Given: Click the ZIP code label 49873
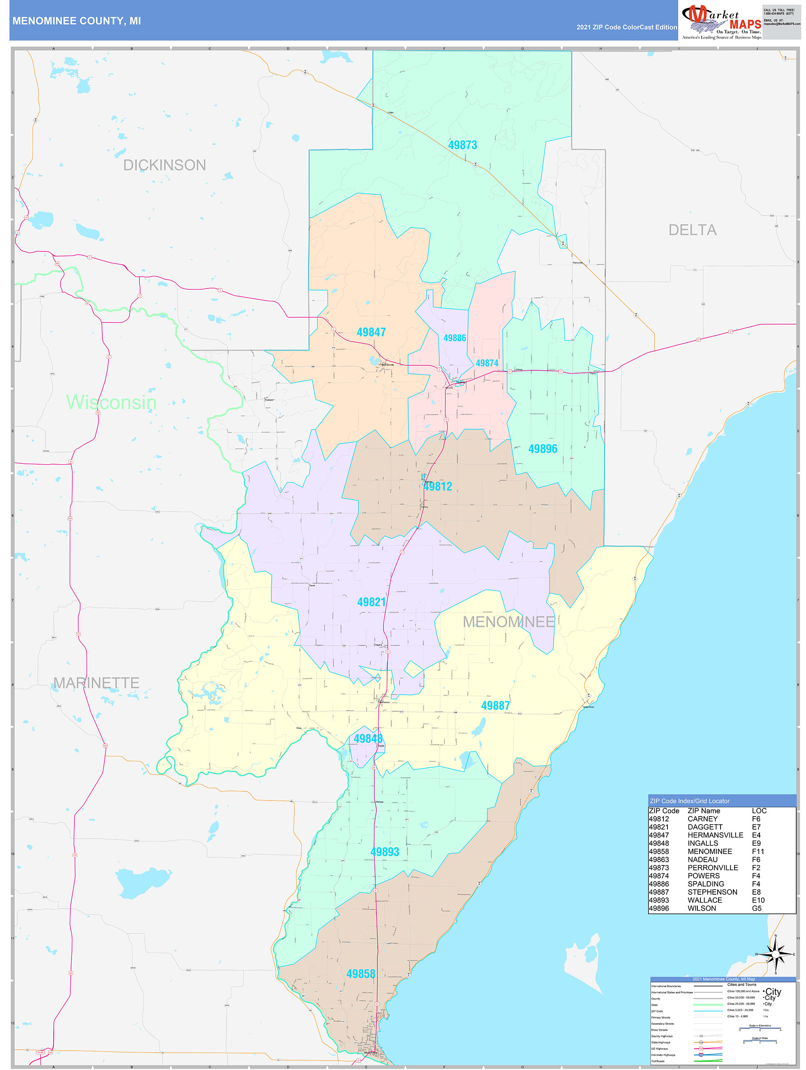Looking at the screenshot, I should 462,145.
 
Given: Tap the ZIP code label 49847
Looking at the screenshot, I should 371,333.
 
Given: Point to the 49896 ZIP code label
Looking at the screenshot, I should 542,449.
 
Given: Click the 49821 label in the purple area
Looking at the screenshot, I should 371,602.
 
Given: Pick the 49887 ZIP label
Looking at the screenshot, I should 495,706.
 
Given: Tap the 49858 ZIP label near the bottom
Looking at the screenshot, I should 360,974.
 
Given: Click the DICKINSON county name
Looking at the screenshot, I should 164,165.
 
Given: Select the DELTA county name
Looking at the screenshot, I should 692,230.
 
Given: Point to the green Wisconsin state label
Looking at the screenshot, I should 111,402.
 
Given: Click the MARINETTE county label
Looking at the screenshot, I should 96,683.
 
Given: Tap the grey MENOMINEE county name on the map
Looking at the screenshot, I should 508,622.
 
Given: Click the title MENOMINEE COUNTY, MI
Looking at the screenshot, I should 76,21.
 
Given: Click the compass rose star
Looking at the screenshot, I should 776,954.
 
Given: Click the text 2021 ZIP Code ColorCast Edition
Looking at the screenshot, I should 626,28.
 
